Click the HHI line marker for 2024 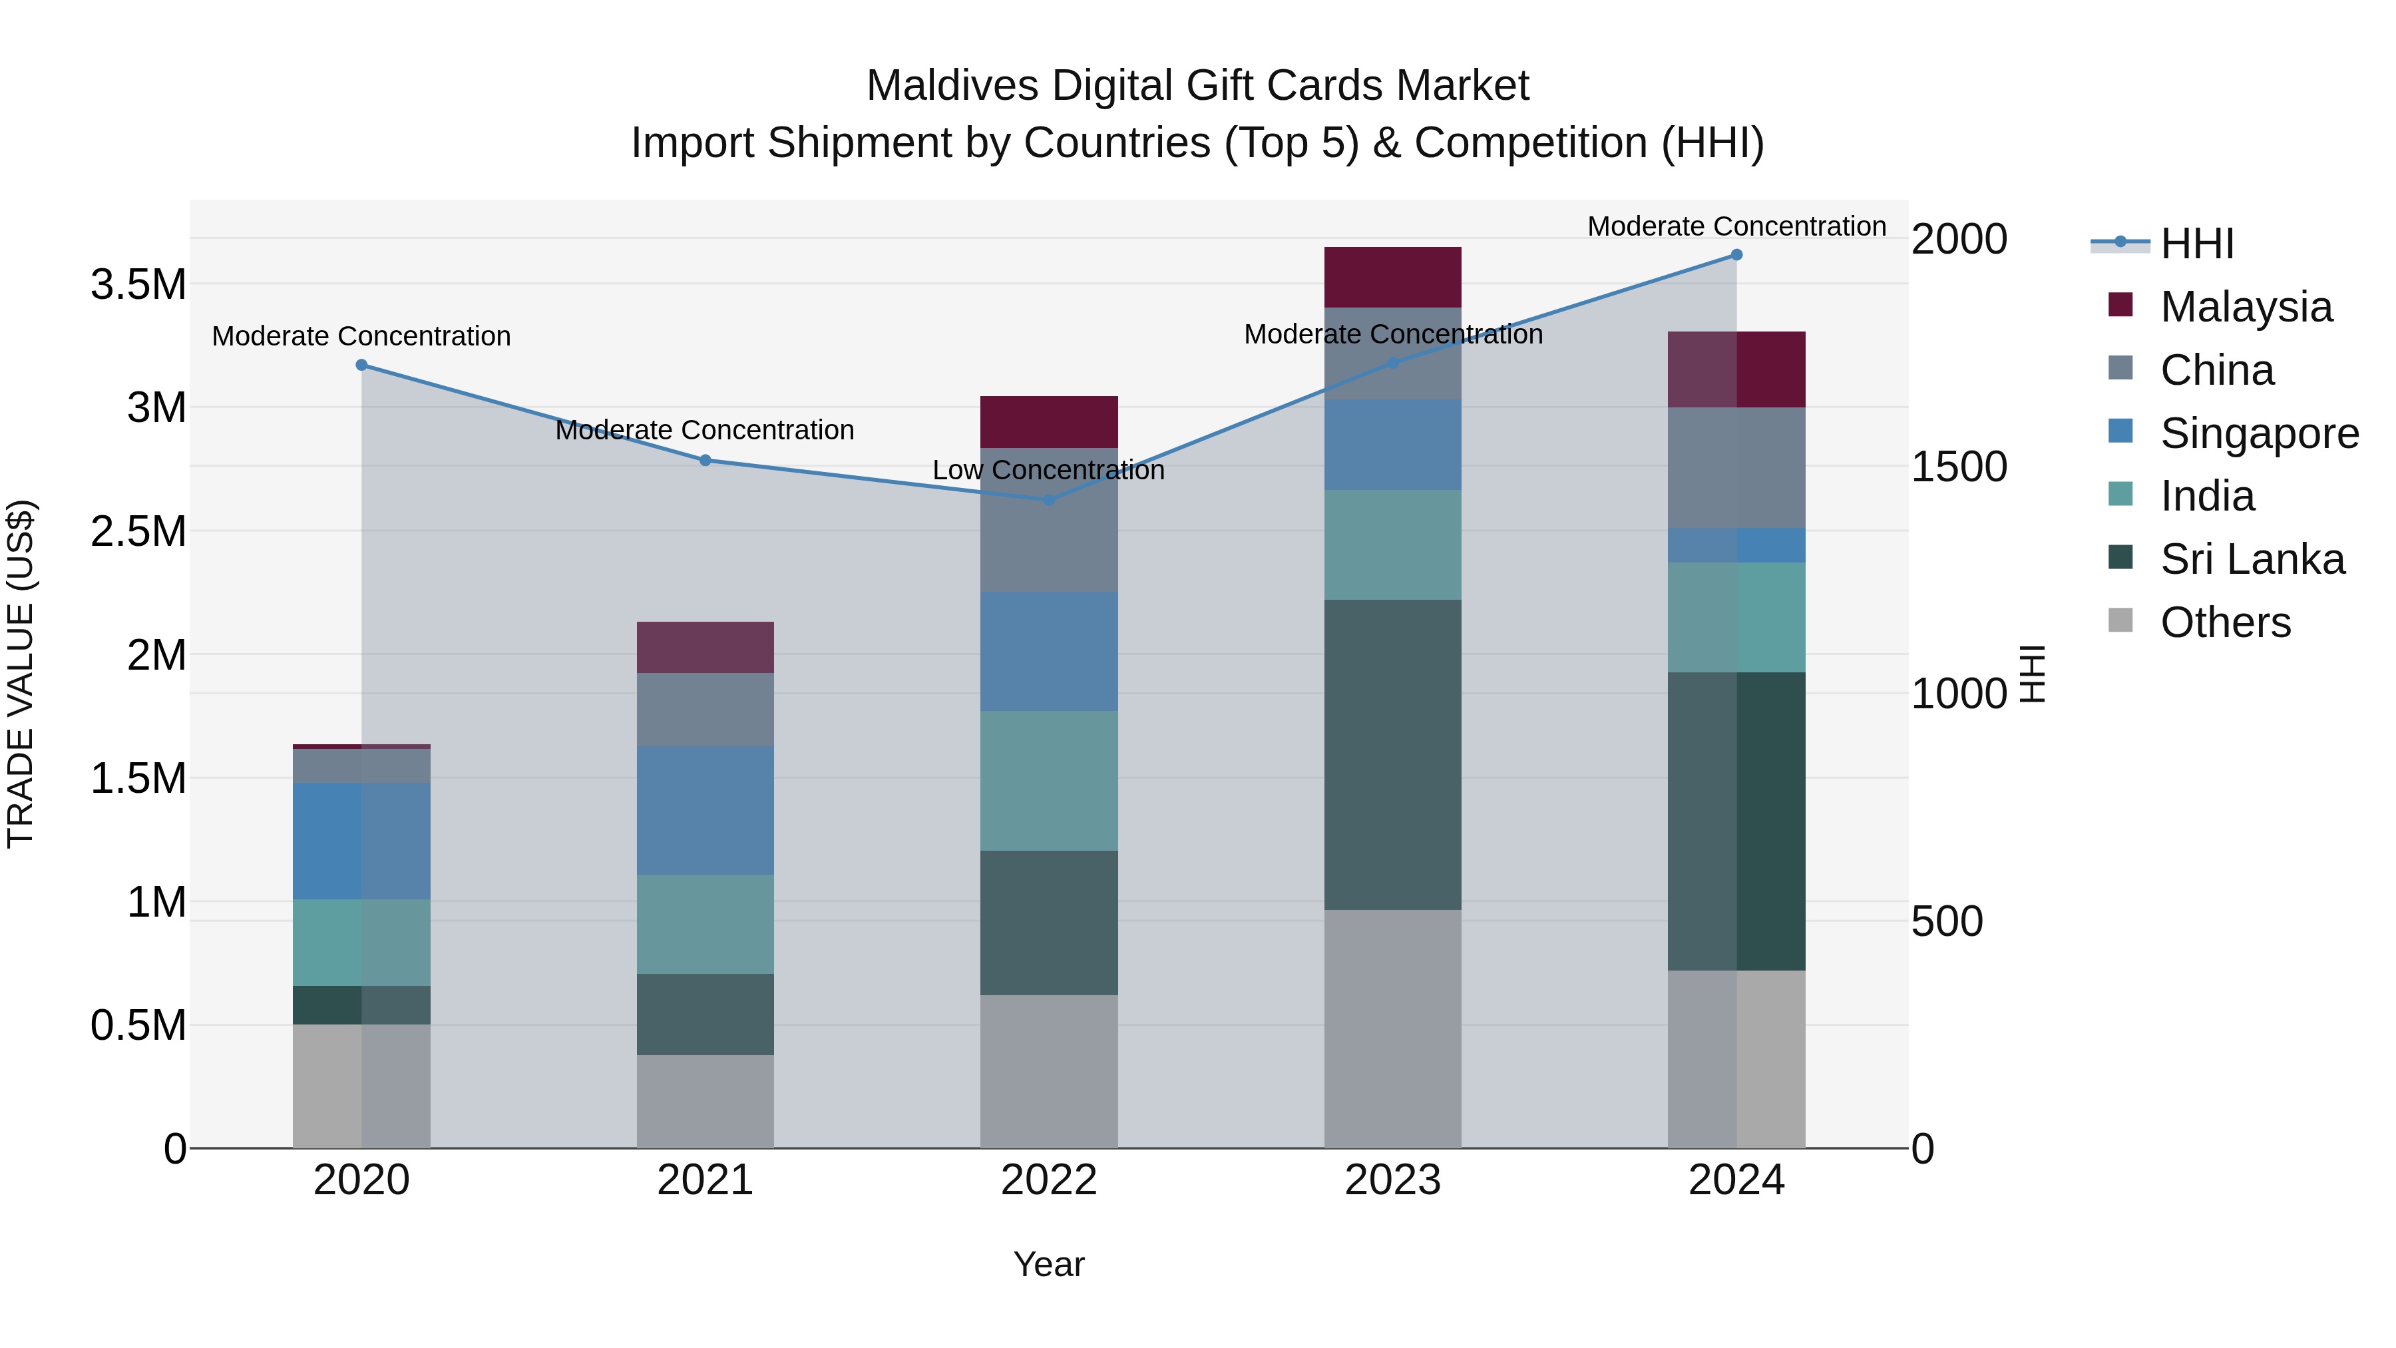pos(1736,255)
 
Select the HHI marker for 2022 pos(1048,499)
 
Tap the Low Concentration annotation pos(1048,471)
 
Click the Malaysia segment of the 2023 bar pos(1392,277)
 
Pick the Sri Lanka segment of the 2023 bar pos(1392,754)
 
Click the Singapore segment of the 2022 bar pos(1048,651)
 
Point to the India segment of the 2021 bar pos(705,924)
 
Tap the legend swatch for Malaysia pos(2120,305)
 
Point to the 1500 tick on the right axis pos(1959,467)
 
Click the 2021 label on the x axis pos(705,1180)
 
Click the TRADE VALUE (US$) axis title pos(21,674)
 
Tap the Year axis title pos(1048,1264)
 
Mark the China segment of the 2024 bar pos(1736,468)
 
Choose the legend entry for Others pos(2225,622)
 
